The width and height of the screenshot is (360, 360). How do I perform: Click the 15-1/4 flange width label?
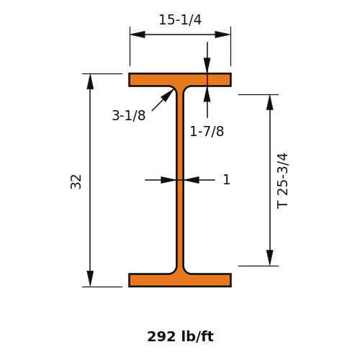(180, 19)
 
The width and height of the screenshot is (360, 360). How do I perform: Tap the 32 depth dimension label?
(76, 181)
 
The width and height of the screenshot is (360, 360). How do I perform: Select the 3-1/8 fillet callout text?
(129, 115)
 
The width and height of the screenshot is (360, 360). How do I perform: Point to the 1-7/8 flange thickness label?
(207, 132)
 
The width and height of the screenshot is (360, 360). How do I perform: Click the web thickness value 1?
(227, 179)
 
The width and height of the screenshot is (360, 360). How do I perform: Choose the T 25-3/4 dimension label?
(282, 181)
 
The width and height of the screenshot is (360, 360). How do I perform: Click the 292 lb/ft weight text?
(180, 336)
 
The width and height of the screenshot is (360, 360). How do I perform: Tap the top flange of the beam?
(180, 80)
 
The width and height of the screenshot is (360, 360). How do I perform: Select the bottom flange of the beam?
(180, 280)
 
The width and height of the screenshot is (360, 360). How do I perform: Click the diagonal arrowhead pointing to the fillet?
(167, 95)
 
